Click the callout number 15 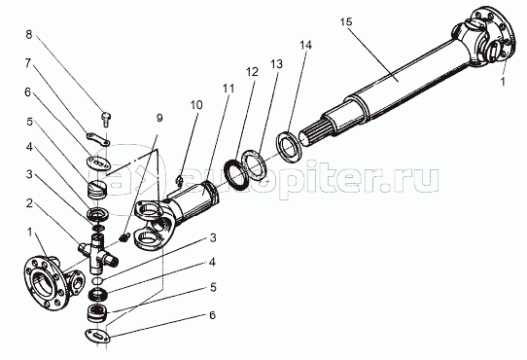click(346, 21)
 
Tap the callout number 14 click(306, 45)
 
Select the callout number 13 click(276, 64)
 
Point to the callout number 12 click(252, 72)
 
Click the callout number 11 click(228, 89)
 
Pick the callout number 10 click(196, 105)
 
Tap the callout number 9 click(159, 118)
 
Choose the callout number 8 click(29, 34)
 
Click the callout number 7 click(28, 63)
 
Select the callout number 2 click(29, 203)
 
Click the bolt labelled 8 click(106, 120)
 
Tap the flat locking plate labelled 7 click(98, 138)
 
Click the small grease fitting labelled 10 click(179, 181)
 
